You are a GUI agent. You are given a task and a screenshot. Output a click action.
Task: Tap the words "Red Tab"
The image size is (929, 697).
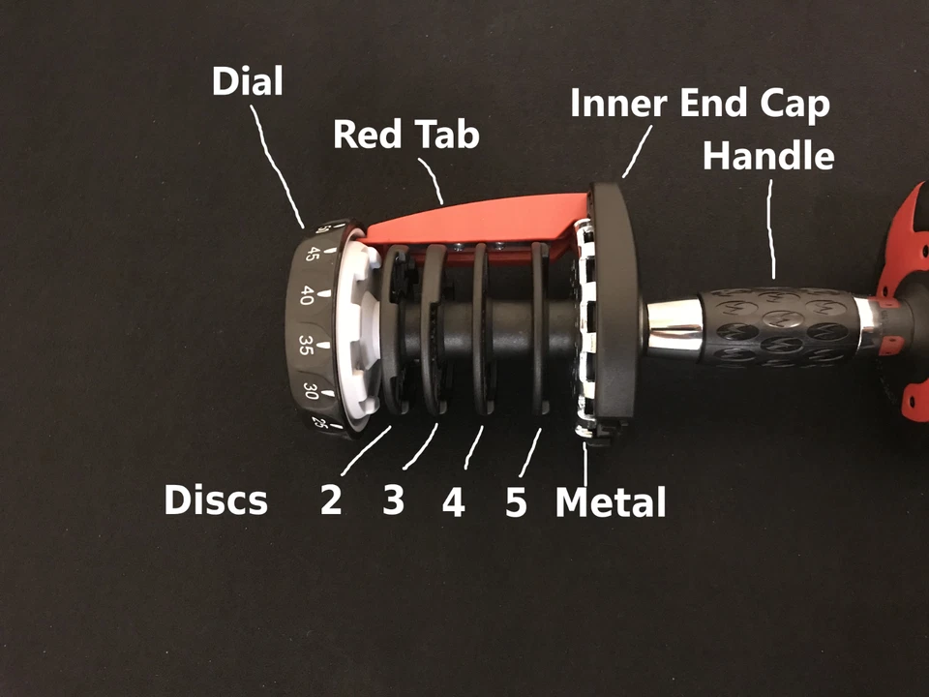pyautogui.click(x=406, y=135)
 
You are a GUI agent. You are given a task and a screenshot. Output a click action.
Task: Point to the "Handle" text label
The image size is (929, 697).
pyautogui.click(x=768, y=154)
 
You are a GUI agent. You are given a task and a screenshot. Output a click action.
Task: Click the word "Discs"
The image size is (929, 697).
pyautogui.click(x=215, y=500)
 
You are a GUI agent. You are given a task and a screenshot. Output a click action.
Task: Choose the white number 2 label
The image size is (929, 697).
pyautogui.click(x=331, y=501)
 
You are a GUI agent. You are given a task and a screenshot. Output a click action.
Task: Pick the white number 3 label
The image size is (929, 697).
pyautogui.click(x=393, y=500)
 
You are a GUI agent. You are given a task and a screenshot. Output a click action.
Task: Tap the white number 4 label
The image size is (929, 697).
pyautogui.click(x=453, y=502)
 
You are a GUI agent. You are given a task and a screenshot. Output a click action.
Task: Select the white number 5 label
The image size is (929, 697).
pyautogui.click(x=516, y=502)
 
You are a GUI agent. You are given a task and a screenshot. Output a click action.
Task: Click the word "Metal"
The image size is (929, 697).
pyautogui.click(x=611, y=502)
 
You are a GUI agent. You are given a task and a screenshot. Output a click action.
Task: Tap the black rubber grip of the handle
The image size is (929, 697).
pyautogui.click(x=774, y=325)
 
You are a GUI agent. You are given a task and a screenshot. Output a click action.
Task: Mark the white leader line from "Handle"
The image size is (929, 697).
pyautogui.click(x=772, y=232)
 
